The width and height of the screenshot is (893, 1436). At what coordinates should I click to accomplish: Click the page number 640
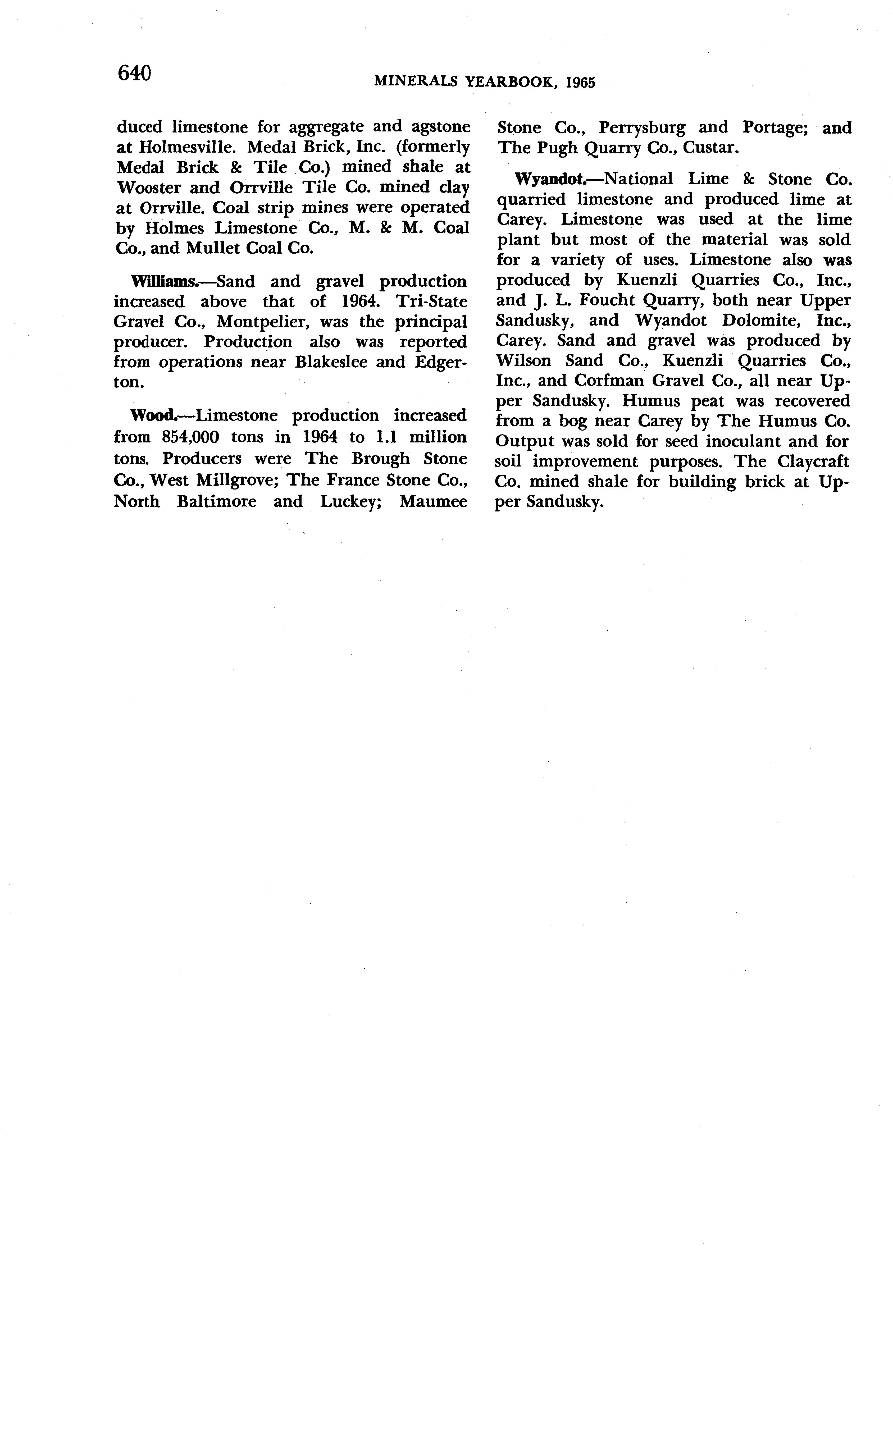pyautogui.click(x=135, y=74)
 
